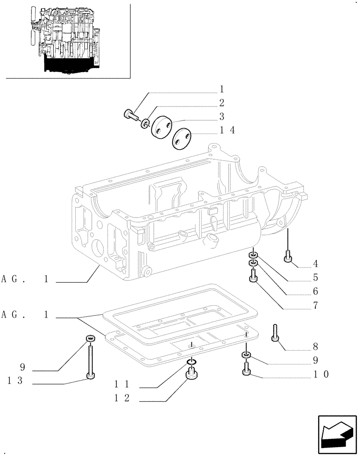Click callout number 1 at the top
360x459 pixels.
pos(221,89)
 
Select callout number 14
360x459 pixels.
pos(227,130)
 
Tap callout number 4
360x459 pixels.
pos(316,264)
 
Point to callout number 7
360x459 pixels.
pos(316,305)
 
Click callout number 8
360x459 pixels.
pos(316,347)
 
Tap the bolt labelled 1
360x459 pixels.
pos(131,115)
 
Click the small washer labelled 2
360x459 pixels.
pos(146,122)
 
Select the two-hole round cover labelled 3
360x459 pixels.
pos(161,127)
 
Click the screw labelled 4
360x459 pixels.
pos(288,256)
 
